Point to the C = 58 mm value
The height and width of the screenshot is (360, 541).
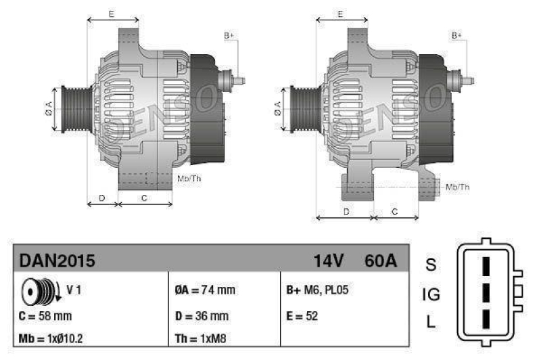(x=46, y=315)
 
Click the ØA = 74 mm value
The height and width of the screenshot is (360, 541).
(x=205, y=290)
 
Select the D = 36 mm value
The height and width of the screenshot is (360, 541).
(x=202, y=315)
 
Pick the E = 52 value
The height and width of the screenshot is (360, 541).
(x=302, y=315)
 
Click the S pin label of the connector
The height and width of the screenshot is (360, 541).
(x=430, y=264)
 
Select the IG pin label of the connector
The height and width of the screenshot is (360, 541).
(x=431, y=294)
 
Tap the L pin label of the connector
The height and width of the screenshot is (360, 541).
(x=431, y=321)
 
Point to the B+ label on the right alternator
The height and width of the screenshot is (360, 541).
(x=457, y=35)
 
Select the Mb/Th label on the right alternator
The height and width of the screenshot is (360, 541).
(x=458, y=186)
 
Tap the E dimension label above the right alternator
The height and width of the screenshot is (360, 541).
(x=340, y=14)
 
